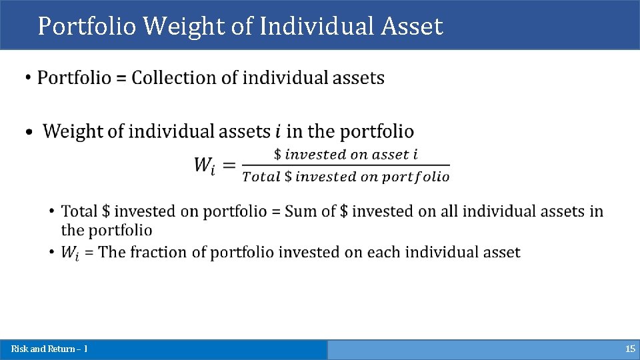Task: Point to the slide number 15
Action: pos(630,349)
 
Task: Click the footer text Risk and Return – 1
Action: pos(49,349)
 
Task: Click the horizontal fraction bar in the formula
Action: pos(345,165)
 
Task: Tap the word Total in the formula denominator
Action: pos(261,177)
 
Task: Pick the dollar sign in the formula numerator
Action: pos(279,155)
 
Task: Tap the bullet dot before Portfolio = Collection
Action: pos(27,79)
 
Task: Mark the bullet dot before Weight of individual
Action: pos(29,132)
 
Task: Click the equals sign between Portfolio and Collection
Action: pos(121,79)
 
